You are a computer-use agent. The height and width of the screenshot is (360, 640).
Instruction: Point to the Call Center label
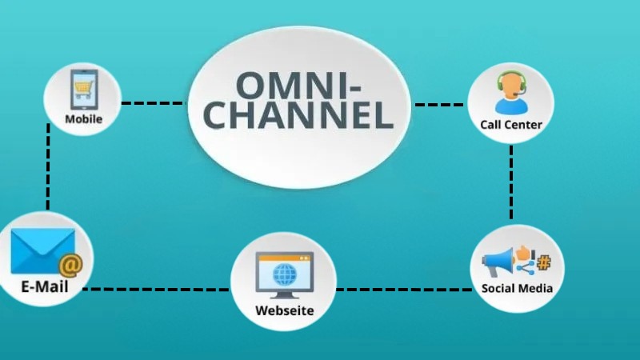(511, 124)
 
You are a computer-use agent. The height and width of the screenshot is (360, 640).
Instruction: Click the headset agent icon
(510, 93)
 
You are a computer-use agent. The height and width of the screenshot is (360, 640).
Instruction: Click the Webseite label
(284, 310)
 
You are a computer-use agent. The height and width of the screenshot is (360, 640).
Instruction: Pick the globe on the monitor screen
(284, 276)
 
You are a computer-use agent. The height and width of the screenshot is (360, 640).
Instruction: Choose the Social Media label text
(517, 288)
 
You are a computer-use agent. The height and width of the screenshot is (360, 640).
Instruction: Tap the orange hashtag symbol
(544, 262)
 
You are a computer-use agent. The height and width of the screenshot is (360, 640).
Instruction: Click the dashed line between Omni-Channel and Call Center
(439, 105)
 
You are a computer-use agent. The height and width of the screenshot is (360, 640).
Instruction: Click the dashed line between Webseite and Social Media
(404, 288)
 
